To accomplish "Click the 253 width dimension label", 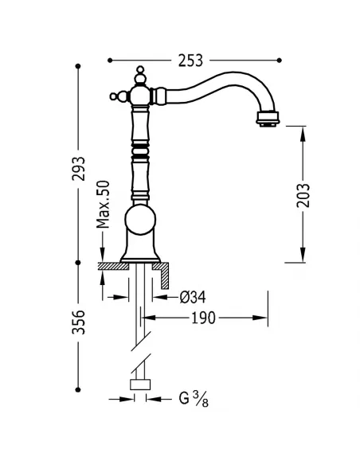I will [x=191, y=60].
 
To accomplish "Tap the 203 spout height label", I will [x=303, y=193].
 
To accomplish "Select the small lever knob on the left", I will [x=115, y=98].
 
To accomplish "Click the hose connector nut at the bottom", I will [x=142, y=386].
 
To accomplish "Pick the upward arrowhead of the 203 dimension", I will [x=303, y=129].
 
